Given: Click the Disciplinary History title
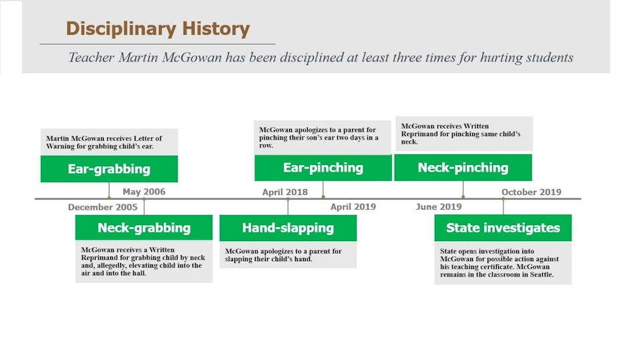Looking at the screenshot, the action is pos(158,29).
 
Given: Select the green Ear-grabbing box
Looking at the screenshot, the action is pos(109,169).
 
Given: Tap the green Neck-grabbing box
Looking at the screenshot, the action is pos(144,227).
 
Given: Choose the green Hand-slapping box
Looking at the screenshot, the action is pos(288,228).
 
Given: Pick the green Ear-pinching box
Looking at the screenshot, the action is pos(323,168).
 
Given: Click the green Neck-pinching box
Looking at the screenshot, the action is pos(463,168).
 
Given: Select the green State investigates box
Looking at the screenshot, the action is pos(503,228).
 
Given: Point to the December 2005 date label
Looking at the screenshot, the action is pos(103,207).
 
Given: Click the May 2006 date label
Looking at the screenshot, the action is pos(144,192).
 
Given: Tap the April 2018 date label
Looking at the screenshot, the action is pos(285,192).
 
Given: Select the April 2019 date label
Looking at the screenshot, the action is pos(353,207).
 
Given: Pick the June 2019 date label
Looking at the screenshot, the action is pos(439,207).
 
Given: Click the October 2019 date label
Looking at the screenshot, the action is pos(532,192).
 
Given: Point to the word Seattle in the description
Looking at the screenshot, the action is pos(541,275).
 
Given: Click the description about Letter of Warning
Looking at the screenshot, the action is pos(104,142).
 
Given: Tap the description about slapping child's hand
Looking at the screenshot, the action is pos(283,255).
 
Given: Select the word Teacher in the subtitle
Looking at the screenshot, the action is pos(91,57).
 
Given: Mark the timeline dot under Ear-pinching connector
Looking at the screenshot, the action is pos(323,197).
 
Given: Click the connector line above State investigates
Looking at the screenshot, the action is pos(503,206).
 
